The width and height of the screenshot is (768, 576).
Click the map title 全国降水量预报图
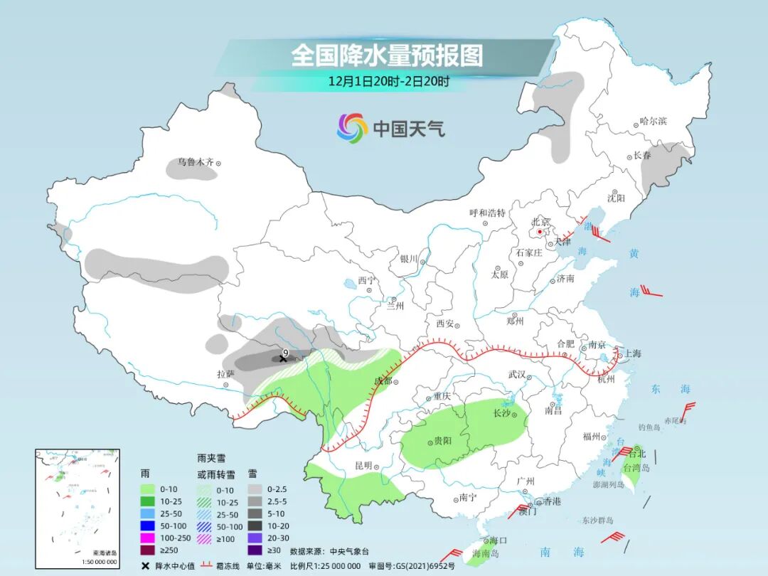coord(387,55)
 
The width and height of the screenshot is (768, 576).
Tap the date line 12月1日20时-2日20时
coord(388,81)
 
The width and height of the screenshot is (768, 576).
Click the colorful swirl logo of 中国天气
coord(352,128)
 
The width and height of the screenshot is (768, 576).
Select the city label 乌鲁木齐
coord(196,162)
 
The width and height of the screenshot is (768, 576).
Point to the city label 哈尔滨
coord(653,122)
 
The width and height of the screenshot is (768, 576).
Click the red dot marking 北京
coord(540,232)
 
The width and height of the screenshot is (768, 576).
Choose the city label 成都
coord(383,381)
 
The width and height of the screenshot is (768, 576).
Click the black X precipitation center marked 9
coord(283,359)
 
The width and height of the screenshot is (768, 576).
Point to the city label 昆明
coord(363,466)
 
